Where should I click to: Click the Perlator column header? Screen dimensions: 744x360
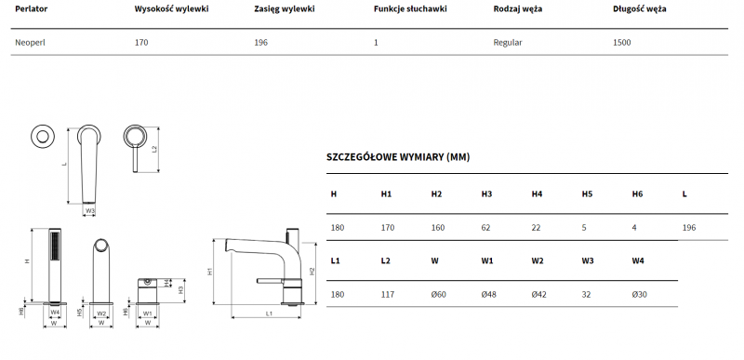32,9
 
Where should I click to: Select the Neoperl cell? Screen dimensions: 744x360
31,43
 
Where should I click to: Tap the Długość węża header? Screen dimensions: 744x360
639,9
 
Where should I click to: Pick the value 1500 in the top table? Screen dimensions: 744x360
622,43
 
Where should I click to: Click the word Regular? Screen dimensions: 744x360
508,43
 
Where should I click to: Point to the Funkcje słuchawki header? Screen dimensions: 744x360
410,9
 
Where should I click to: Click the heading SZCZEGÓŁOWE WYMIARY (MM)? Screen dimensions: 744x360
398,157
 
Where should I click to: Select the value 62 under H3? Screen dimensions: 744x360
485,228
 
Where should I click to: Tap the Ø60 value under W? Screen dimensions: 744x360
438,295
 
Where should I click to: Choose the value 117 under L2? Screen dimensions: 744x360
388,295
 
